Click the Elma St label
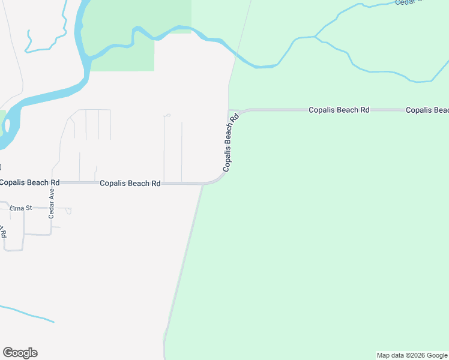[20, 208]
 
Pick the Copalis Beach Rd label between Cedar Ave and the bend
[130, 183]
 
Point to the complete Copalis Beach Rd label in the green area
[339, 110]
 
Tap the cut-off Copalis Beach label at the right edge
[427, 110]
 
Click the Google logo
[20, 353]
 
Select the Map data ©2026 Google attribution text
[412, 355]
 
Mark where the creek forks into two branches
[315, 37]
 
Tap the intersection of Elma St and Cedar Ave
[52, 209]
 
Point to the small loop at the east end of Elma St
[69, 211]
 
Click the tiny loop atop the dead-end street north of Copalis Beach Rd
[167, 115]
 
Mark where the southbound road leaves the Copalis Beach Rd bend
[203, 185]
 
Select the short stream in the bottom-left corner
[27, 313]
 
